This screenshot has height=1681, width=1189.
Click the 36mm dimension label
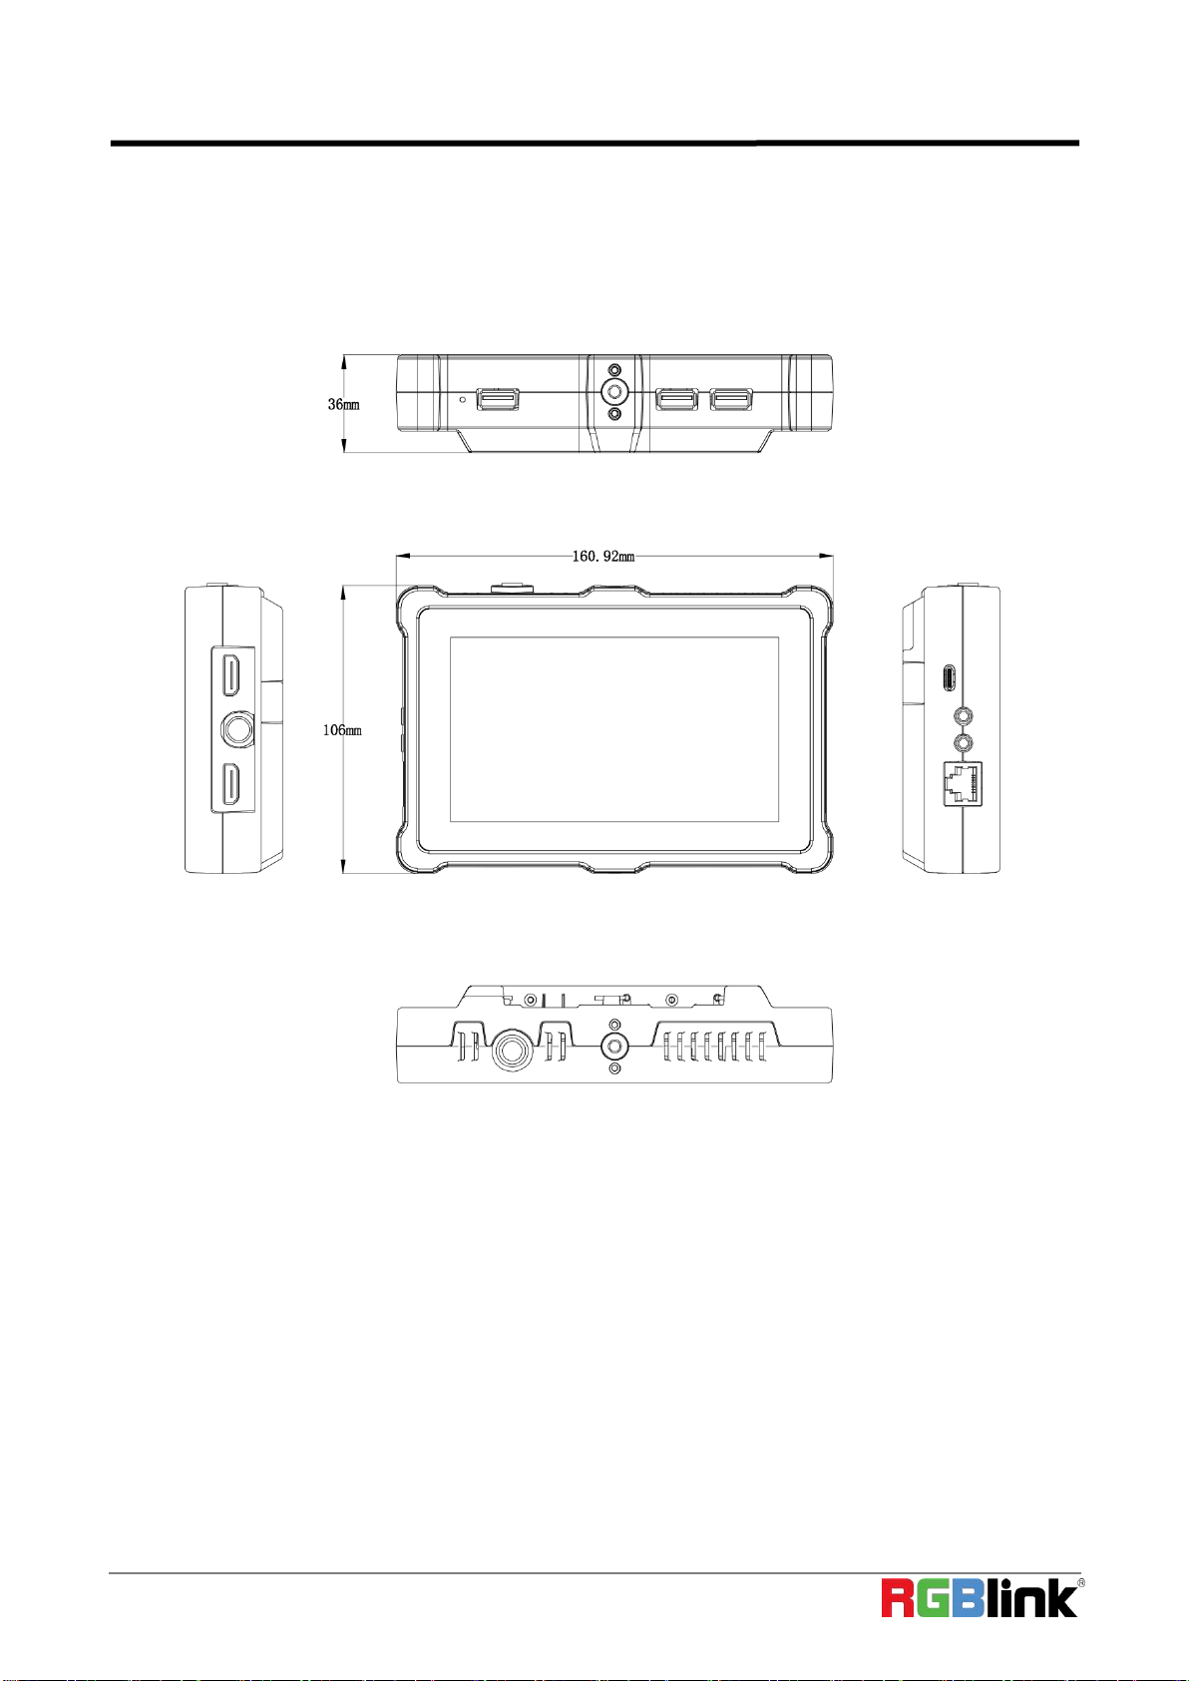click(343, 404)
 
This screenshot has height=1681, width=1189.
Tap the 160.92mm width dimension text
click(603, 556)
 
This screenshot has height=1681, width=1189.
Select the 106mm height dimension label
click(342, 729)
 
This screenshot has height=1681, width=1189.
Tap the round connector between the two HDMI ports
click(238, 729)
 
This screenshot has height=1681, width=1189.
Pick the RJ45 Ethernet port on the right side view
click(963, 784)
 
